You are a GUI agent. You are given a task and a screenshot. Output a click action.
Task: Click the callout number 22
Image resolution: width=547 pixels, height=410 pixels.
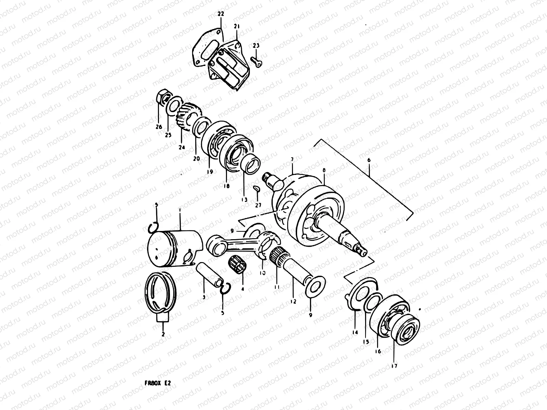[x=221, y=14]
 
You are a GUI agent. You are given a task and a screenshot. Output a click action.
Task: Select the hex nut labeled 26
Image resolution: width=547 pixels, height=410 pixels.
[x=162, y=97]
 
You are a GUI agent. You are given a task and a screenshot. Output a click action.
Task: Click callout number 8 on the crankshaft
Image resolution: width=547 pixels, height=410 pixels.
[x=324, y=170]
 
